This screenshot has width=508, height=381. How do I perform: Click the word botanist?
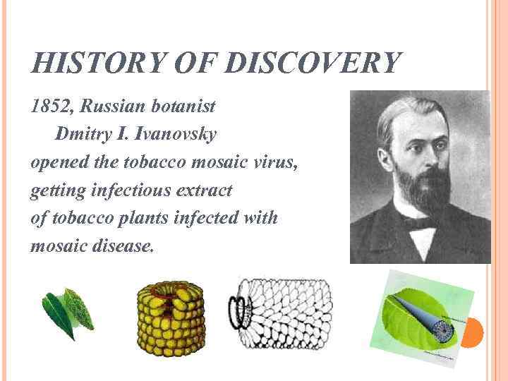(x=181, y=108)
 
